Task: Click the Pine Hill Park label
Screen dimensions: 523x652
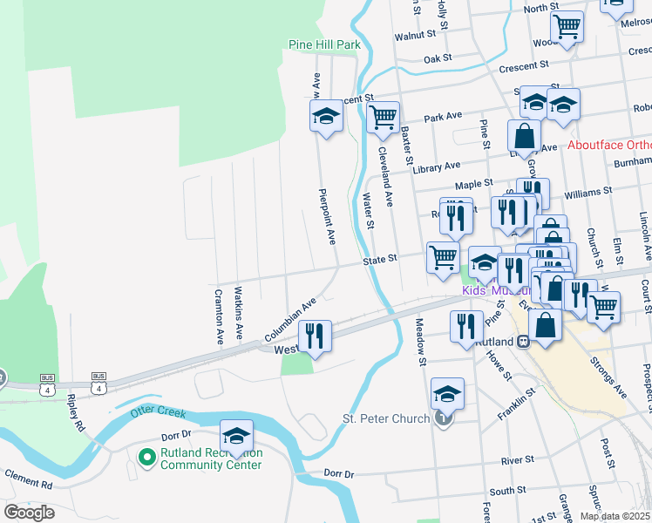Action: tap(324, 44)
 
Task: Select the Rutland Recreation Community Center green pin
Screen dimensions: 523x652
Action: tap(146, 454)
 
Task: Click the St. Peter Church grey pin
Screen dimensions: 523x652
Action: tap(445, 419)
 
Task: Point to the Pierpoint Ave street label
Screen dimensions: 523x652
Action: tap(326, 215)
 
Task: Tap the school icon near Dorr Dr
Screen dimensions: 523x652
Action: tap(236, 434)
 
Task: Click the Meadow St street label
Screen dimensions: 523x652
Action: tap(420, 343)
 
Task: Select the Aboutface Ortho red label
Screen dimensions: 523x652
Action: tap(609, 146)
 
